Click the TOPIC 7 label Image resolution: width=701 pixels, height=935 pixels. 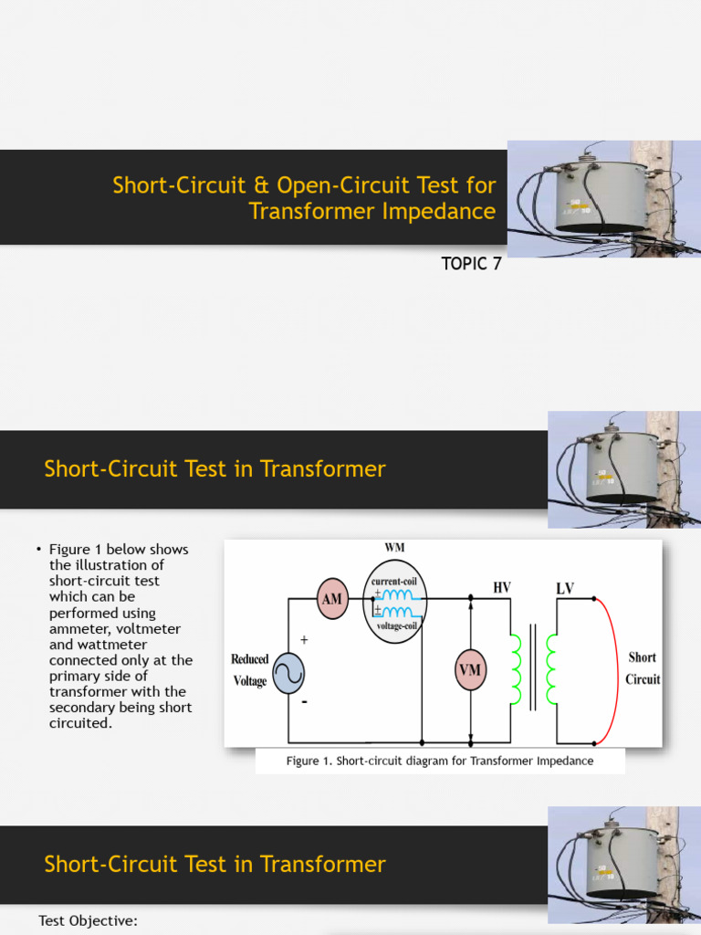[471, 265]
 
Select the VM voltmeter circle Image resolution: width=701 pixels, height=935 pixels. [470, 670]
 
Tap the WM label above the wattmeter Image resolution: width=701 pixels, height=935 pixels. [394, 546]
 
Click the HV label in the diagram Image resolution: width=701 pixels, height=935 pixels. [501, 588]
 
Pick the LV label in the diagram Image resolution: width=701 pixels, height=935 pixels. [565, 588]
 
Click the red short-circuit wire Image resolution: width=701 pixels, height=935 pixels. [616, 671]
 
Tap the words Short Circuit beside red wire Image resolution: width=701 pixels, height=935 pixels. [642, 668]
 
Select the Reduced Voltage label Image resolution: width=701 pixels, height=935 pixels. [249, 669]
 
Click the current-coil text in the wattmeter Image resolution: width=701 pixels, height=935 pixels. [394, 581]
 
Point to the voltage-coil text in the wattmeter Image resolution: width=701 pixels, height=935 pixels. [395, 626]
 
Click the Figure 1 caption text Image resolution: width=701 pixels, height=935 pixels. [440, 761]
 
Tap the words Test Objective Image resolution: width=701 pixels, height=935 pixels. [88, 920]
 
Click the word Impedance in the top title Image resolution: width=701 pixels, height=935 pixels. [442, 212]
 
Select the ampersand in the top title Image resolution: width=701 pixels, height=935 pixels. [261, 185]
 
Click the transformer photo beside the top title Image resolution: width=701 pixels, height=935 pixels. [603, 199]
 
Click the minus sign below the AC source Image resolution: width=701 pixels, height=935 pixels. [304, 702]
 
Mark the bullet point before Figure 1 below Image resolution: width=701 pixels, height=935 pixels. [39, 550]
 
